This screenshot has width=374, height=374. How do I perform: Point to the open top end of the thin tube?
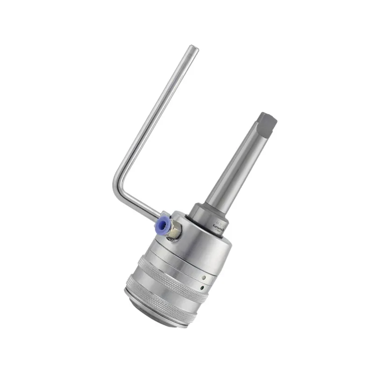tap(193, 48)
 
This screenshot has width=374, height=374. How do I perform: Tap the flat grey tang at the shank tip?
tap(268, 122)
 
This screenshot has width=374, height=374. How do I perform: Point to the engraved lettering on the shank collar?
tap(219, 225)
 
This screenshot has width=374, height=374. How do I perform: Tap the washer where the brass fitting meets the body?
tap(172, 238)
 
